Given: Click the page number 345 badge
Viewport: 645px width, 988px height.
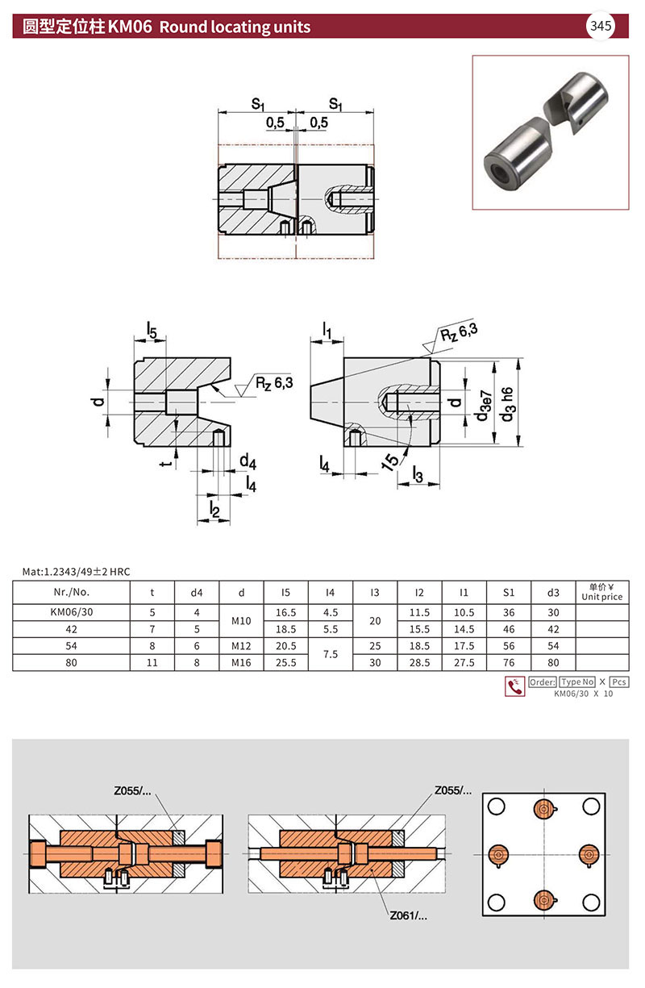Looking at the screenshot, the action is click(601, 26).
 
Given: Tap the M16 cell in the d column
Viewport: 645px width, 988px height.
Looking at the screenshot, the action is click(241, 662).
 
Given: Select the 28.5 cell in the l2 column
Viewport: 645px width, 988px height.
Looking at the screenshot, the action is click(419, 662).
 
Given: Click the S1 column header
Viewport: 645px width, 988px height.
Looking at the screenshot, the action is click(509, 592).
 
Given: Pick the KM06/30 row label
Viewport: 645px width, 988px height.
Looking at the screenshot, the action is click(72, 612).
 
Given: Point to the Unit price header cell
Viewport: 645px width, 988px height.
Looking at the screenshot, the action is click(601, 592).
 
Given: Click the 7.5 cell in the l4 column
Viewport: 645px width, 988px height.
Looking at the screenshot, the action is click(331, 653).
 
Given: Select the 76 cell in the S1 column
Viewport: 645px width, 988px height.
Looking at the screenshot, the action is click(509, 662).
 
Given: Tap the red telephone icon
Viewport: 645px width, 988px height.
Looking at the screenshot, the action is click(514, 686).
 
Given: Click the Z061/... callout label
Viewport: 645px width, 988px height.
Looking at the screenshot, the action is click(408, 915).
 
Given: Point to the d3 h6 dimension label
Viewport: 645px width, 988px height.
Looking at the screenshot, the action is click(507, 404).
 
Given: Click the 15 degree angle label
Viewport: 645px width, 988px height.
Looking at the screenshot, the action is click(390, 461).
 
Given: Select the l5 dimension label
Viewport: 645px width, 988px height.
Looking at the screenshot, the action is click(152, 330).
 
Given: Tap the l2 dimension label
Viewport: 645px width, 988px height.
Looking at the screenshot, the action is click(214, 509).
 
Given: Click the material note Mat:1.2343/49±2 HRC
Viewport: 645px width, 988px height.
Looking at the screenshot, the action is click(77, 572).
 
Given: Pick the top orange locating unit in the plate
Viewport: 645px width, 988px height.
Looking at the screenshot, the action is click(544, 808).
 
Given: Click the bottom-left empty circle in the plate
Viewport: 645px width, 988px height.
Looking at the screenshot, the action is click(496, 902).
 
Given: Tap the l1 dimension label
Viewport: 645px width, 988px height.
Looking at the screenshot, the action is click(327, 331).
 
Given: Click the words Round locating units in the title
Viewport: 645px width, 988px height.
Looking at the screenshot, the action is click(235, 27).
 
